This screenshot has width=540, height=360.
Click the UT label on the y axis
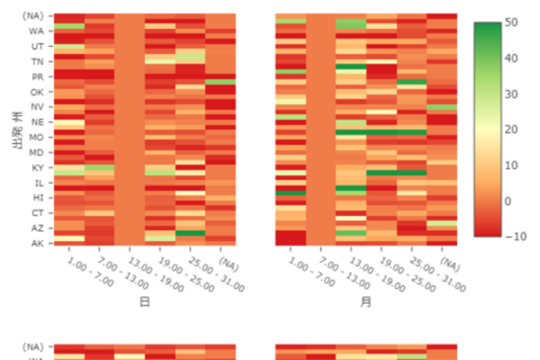(x=37, y=46)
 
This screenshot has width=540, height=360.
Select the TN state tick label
(x=37, y=61)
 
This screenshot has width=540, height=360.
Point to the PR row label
(x=37, y=76)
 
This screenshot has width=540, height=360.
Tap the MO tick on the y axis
(x=37, y=138)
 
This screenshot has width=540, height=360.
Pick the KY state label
(x=37, y=167)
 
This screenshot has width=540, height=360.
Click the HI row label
(x=37, y=197)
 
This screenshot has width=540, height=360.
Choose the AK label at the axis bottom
(x=37, y=243)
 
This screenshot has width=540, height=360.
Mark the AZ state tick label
(x=37, y=228)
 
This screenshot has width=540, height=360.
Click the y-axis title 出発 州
(x=17, y=130)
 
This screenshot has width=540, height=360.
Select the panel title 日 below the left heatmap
(x=144, y=302)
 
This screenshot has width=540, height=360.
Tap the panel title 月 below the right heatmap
(x=365, y=302)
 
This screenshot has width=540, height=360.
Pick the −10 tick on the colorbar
(x=514, y=236)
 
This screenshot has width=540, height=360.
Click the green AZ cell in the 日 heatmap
(x=190, y=233)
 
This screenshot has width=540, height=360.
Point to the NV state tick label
(x=37, y=107)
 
